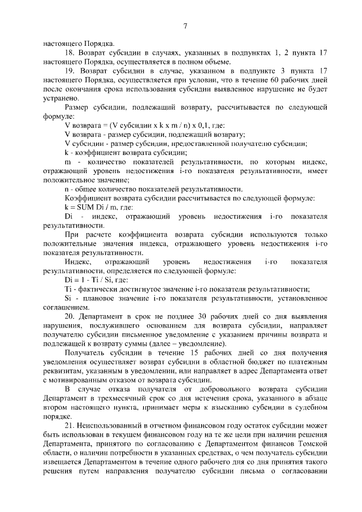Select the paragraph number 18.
coord(70,53)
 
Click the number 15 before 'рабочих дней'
coord(175,352)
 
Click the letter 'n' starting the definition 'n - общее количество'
coord(67,189)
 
